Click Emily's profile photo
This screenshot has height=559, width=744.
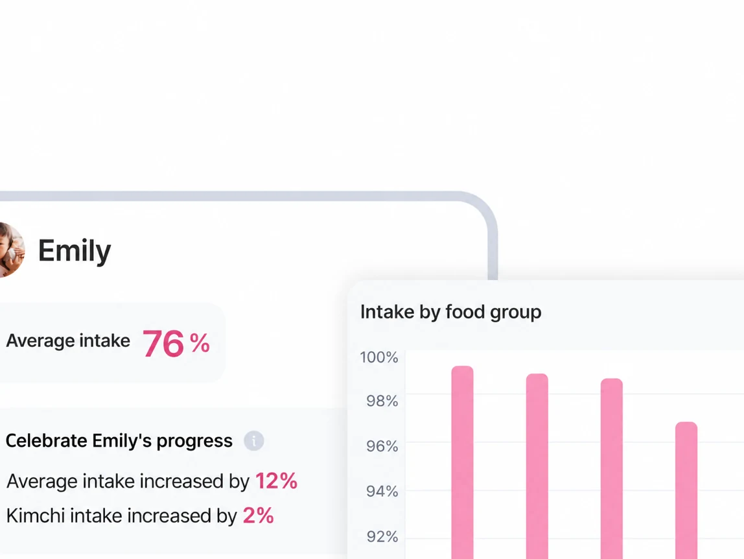(10, 250)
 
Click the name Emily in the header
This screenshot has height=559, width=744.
(75, 251)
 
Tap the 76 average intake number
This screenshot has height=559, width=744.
(163, 343)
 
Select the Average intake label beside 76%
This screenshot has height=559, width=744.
(68, 340)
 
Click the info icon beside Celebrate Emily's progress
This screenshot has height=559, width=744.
(254, 441)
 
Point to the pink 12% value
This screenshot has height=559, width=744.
(276, 481)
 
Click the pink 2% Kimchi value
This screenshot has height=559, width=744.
(258, 516)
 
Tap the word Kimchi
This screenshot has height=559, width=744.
(36, 516)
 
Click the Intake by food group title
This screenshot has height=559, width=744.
(451, 312)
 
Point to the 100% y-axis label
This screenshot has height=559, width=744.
(378, 357)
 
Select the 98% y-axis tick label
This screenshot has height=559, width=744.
(382, 401)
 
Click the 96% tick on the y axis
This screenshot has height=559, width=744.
(382, 446)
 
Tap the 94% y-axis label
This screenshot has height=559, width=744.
(382, 491)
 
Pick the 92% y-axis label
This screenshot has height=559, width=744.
(382, 536)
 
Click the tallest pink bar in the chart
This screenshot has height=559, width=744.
(462, 462)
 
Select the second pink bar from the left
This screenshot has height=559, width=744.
(537, 466)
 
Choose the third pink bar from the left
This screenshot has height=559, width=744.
(612, 468)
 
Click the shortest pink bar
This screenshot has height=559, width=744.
(686, 490)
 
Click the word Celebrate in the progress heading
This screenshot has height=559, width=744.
(47, 441)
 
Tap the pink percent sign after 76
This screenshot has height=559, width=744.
(200, 342)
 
